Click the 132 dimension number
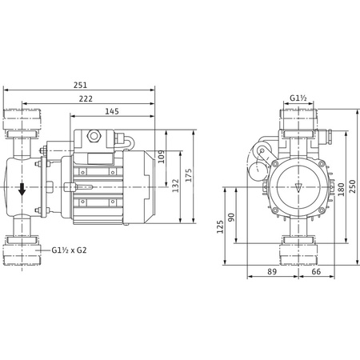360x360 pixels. pos(177,185)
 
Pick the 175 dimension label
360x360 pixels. pos(190,175)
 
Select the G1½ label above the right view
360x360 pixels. pos(299,99)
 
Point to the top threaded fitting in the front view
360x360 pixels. pos(298,121)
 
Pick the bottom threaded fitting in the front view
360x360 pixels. pos(298,253)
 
